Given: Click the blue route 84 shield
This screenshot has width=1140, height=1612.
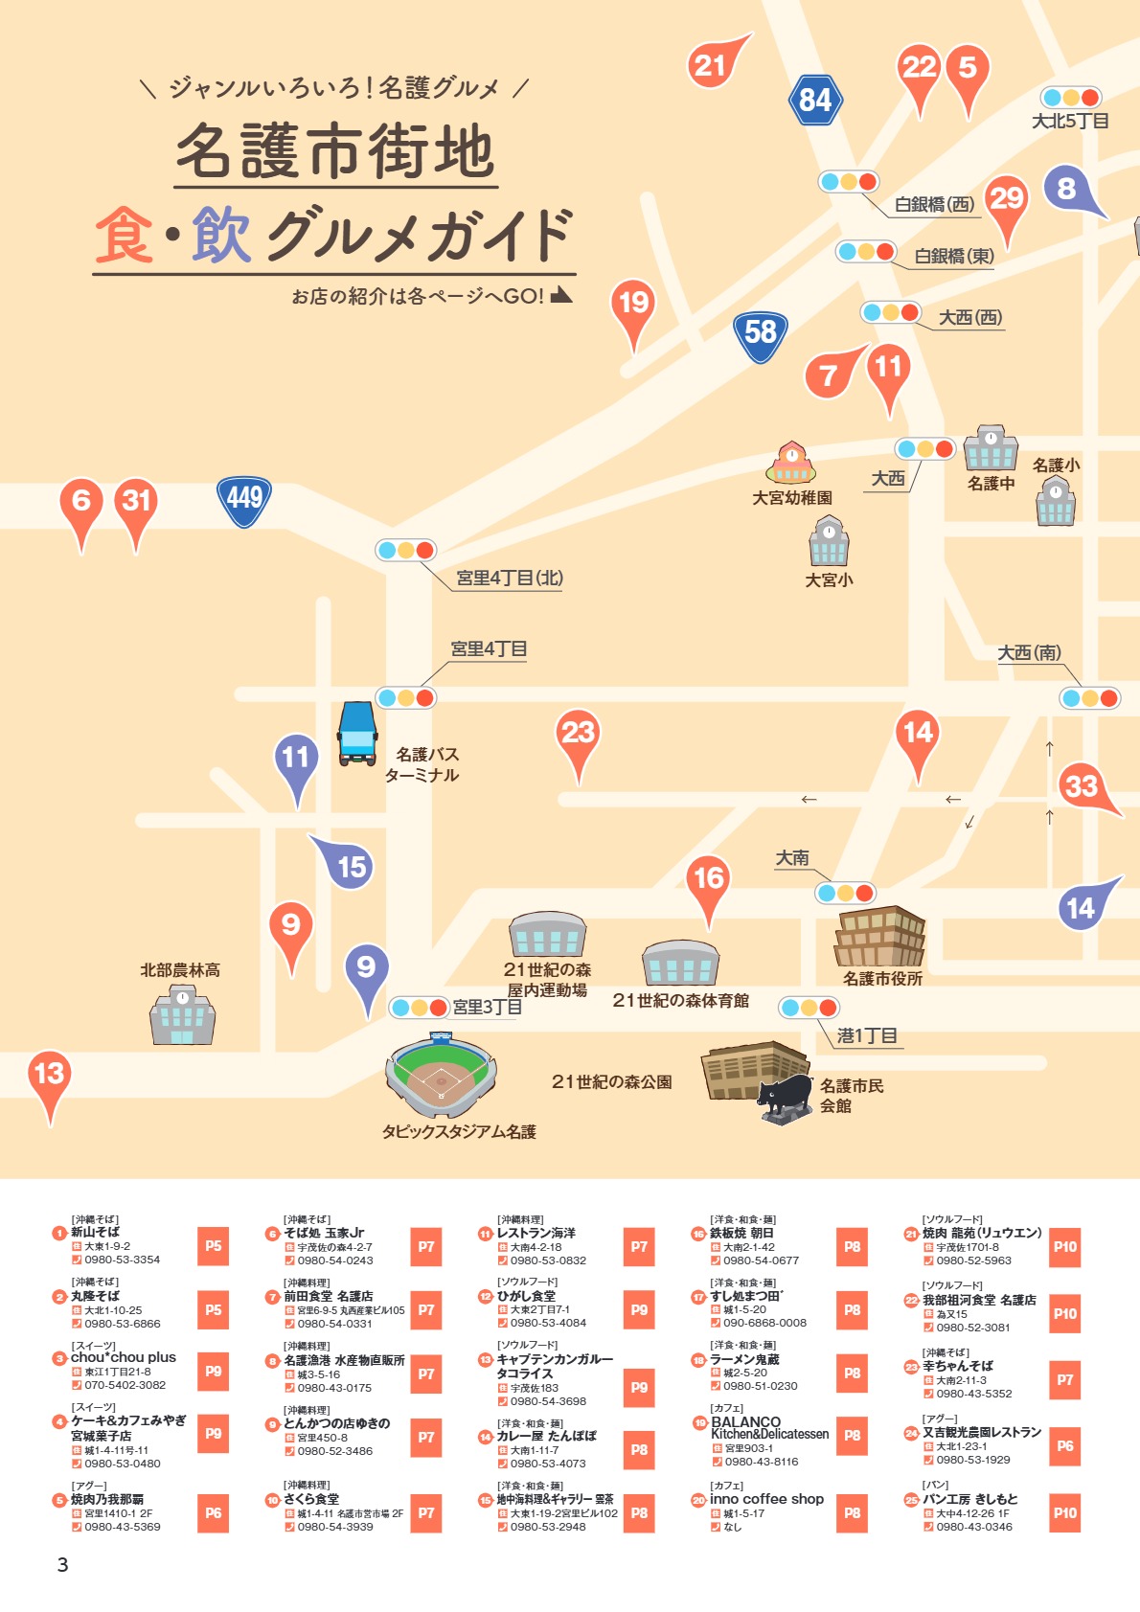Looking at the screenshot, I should [x=815, y=100].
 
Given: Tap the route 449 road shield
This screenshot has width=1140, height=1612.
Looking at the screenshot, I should [x=244, y=499].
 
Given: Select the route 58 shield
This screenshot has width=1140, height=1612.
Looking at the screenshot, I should [x=761, y=334].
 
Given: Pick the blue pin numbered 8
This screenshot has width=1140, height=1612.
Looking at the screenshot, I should [x=1067, y=189].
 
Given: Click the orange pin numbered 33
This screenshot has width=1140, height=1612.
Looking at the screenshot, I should [x=1083, y=787].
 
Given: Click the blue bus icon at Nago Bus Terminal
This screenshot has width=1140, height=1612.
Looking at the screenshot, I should [x=357, y=734].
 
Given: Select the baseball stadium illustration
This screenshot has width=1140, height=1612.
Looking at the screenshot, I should [x=441, y=1077].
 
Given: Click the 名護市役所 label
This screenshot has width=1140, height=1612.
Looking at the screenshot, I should [x=882, y=979].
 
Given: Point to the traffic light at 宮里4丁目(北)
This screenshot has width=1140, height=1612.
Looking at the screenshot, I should [x=406, y=550].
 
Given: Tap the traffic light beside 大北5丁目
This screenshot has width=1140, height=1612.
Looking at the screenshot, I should [x=1071, y=98].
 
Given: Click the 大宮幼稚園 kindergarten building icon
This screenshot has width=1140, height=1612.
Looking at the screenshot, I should [x=791, y=464].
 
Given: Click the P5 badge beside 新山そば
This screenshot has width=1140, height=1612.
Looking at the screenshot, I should [x=213, y=1246].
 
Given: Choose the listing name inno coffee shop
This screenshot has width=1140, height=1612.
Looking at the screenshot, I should [x=766, y=1499].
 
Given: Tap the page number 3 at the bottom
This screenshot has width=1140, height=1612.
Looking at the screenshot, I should [x=63, y=1565].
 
